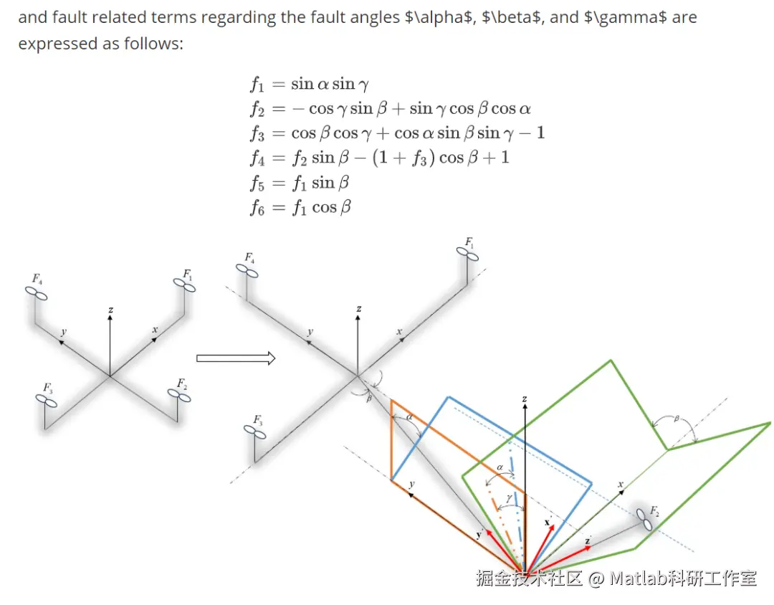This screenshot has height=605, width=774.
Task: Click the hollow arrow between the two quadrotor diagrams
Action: (236, 358)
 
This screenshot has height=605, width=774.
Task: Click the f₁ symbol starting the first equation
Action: (257, 85)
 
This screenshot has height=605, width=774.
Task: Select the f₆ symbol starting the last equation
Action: (257, 208)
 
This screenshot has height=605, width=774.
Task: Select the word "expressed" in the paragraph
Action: (52, 44)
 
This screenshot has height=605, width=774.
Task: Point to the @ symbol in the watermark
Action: (596, 578)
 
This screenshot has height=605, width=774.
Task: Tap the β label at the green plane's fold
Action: (675, 418)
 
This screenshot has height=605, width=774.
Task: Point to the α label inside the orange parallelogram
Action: (409, 417)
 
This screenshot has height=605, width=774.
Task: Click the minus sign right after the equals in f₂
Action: (297, 109)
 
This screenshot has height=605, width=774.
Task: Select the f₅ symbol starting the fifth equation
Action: (257, 184)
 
